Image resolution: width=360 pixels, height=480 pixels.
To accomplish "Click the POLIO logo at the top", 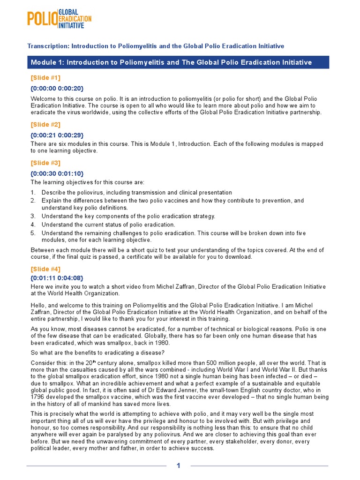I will [x=59, y=19].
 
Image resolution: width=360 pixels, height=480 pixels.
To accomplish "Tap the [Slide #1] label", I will [x=45, y=78].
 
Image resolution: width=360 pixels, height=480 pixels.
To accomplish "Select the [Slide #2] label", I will [x=45, y=125].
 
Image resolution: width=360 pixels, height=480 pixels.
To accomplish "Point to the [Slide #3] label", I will [x=45, y=163].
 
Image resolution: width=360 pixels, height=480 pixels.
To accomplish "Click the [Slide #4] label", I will [x=45, y=270].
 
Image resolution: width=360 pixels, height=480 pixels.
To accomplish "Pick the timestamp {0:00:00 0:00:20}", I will [x=57, y=88].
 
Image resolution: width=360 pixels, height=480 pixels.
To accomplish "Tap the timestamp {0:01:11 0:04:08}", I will [x=57, y=278].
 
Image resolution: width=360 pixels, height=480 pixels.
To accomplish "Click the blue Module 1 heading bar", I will [x=178, y=62].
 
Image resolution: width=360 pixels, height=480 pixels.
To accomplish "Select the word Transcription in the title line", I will [x=47, y=46].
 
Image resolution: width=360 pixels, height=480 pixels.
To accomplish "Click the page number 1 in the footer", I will [x=178, y=465].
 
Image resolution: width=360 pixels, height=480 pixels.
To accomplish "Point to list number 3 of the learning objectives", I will [x=33, y=216].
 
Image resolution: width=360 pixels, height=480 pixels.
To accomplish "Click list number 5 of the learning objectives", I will [x=33, y=232].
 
